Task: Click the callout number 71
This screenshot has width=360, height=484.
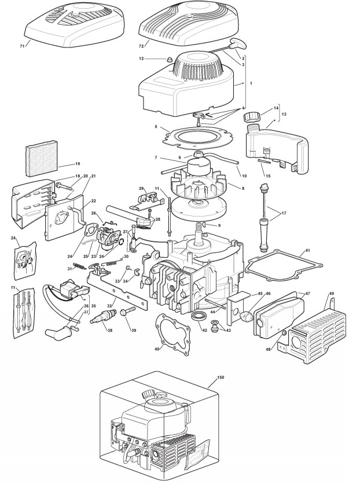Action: tap(22, 45)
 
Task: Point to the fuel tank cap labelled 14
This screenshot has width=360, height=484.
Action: tap(252, 115)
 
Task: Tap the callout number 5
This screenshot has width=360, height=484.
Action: tap(156, 126)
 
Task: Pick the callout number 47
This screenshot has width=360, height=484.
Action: tap(307, 294)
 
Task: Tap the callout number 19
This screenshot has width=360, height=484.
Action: tap(78, 164)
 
